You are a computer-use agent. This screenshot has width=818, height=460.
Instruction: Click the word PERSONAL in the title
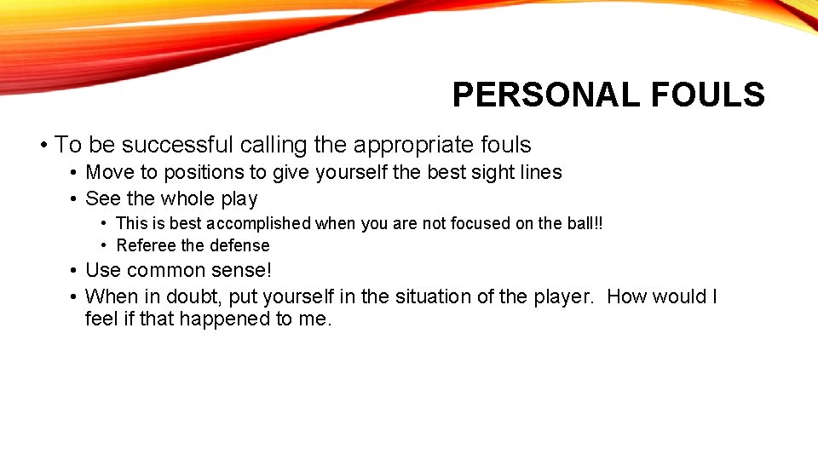tap(546, 95)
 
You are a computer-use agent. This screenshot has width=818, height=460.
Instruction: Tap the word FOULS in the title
tap(707, 95)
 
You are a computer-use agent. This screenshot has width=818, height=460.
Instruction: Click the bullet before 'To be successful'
tap(43, 146)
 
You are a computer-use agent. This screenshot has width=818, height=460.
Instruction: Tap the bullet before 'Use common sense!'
tap(74, 271)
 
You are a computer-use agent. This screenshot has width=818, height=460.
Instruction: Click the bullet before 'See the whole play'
tap(74, 199)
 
